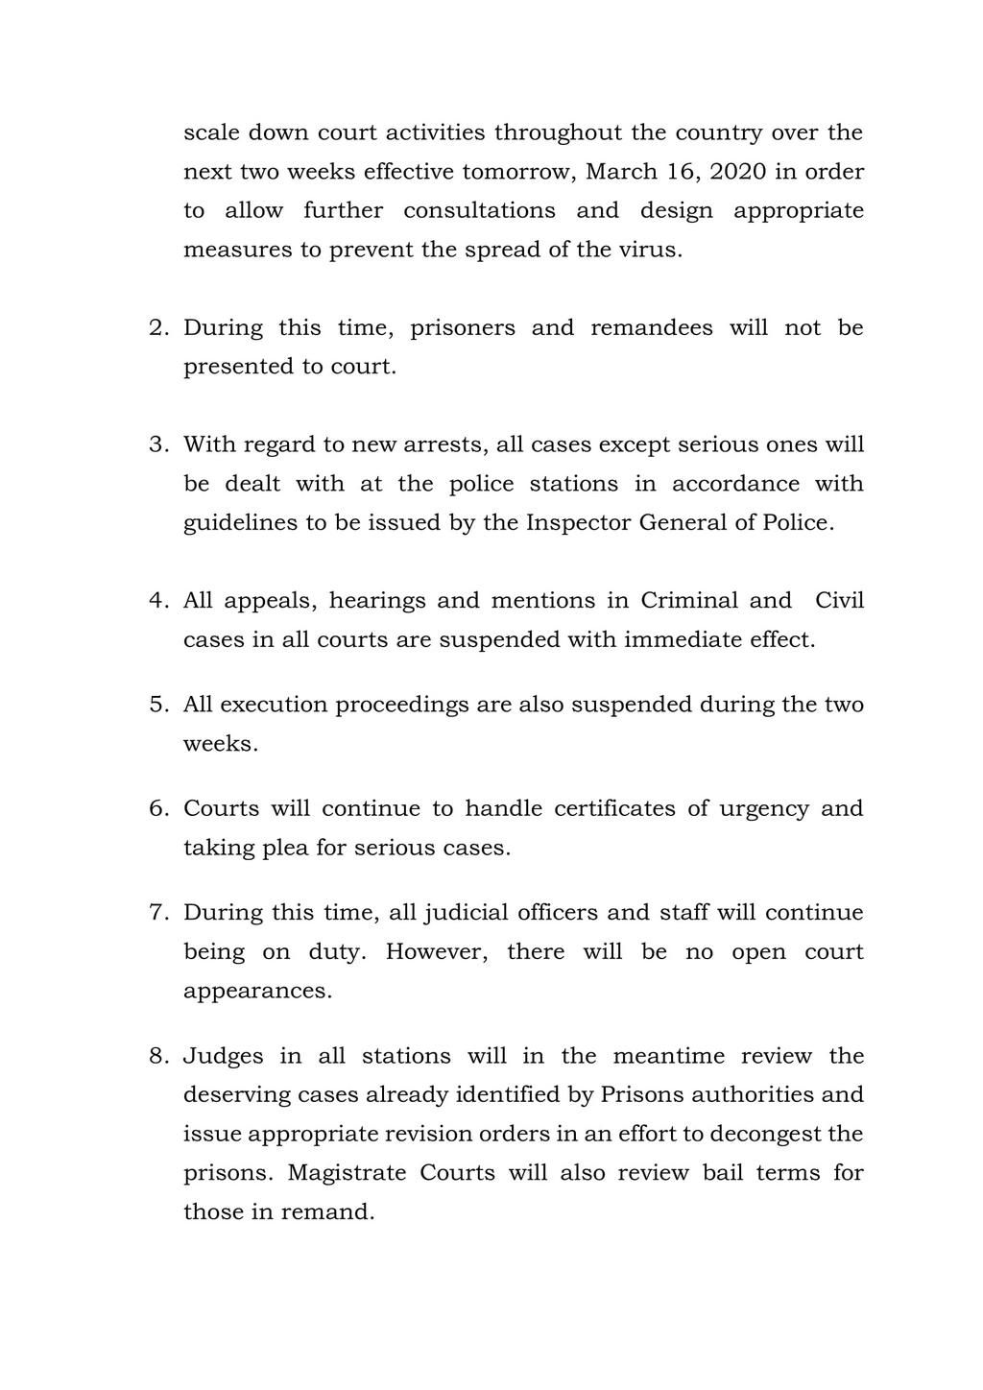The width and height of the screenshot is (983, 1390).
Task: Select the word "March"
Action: (x=621, y=172)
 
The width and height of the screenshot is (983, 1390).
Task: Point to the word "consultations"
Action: (x=479, y=210)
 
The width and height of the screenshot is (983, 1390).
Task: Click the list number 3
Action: (x=158, y=444)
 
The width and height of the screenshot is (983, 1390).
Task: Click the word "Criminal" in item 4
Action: (x=689, y=601)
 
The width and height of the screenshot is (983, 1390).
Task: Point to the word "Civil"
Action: (x=839, y=601)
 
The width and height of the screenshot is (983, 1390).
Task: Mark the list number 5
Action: (x=158, y=705)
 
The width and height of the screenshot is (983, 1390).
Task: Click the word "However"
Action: (x=432, y=952)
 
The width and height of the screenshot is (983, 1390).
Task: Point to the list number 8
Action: (x=158, y=1056)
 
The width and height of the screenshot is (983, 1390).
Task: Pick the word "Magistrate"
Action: (x=343, y=1173)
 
